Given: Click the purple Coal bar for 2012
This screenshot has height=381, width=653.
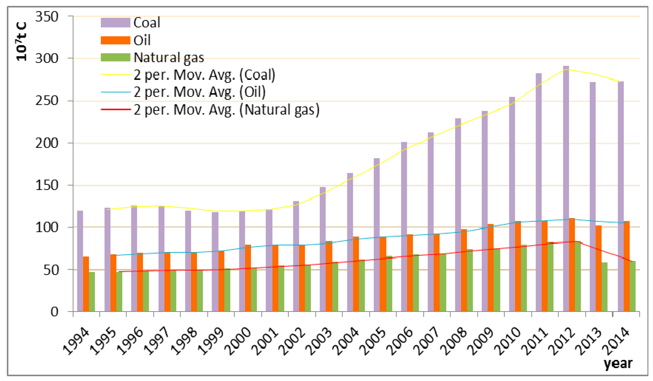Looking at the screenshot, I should click(x=566, y=189).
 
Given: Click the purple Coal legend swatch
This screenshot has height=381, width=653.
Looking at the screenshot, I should click(x=115, y=23).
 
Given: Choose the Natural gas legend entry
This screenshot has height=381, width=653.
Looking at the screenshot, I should click(x=169, y=57).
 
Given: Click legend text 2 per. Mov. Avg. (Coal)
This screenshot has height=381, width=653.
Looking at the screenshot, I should click(x=204, y=75).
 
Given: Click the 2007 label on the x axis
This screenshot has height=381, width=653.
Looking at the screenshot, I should click(x=425, y=341).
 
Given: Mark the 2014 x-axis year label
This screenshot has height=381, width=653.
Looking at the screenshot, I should click(x=615, y=341).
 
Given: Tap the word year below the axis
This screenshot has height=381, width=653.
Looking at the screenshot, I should click(x=618, y=363).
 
